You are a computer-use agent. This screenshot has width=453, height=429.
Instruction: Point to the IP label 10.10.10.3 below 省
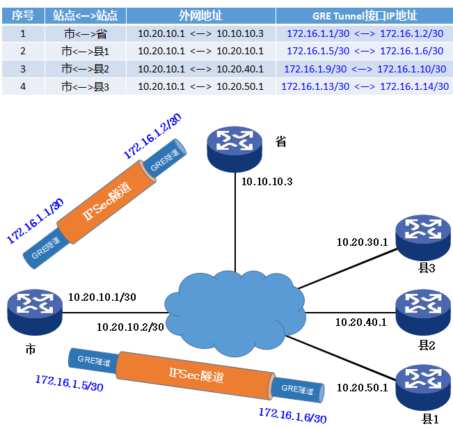click(x=267, y=182)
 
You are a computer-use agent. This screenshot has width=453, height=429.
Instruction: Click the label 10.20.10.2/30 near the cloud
click(x=130, y=327)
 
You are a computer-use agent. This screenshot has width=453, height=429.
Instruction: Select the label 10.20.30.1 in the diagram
click(x=363, y=242)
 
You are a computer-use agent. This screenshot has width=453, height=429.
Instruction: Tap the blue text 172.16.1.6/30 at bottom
click(x=292, y=416)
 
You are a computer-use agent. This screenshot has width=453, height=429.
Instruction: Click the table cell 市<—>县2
click(x=86, y=68)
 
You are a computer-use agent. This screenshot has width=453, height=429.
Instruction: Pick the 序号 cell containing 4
click(x=22, y=86)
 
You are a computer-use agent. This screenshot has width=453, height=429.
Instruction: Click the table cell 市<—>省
click(x=86, y=33)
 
